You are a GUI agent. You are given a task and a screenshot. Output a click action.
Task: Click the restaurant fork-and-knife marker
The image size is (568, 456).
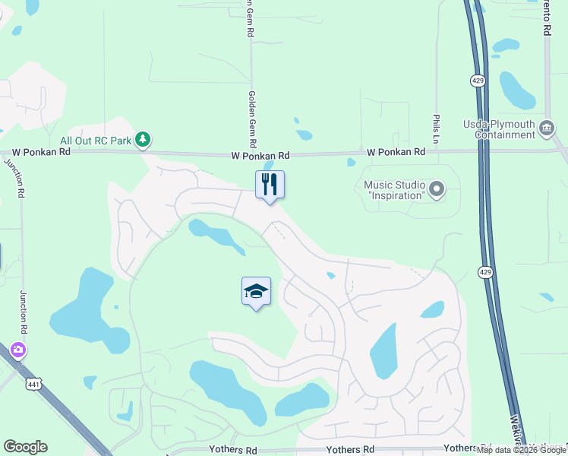[269, 185]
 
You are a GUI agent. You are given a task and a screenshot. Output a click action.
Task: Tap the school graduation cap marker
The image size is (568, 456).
[256, 291]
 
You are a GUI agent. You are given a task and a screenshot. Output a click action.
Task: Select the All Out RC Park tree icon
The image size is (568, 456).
[142, 140]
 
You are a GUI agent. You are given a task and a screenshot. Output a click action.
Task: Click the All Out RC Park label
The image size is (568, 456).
[95, 141]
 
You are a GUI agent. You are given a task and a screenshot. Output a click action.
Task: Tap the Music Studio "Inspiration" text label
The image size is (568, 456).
[393, 190]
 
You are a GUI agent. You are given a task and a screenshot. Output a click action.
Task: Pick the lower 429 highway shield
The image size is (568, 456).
[485, 271]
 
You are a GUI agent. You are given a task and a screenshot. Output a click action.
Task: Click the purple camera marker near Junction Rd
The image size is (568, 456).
[17, 350]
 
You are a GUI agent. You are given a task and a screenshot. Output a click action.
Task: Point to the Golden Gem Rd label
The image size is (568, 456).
[252, 120]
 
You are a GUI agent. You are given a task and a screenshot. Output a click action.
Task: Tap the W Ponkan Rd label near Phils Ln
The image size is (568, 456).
[396, 152]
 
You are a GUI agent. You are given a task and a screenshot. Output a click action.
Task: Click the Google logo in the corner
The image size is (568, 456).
[25, 447]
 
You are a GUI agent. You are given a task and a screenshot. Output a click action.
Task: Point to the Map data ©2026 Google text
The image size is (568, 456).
[521, 451]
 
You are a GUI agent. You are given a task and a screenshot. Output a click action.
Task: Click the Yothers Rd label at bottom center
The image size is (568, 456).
[350, 450]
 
